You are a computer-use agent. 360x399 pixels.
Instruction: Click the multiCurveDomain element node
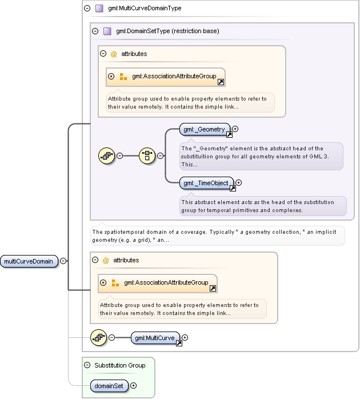[29, 261]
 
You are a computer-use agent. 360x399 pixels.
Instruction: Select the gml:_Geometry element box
[205, 129]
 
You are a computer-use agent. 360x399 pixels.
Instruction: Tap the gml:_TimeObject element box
[206, 183]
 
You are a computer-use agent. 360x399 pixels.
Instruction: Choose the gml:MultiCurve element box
[155, 338]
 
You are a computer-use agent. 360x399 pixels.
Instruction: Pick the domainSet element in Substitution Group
[109, 386]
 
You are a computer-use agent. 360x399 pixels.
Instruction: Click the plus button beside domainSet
[133, 386]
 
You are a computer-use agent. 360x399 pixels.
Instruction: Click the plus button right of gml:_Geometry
[235, 129]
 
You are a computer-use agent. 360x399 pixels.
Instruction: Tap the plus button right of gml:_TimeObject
[238, 183]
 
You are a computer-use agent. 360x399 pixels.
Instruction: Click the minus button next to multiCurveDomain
[63, 261]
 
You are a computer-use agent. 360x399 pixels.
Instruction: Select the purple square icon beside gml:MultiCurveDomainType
[99, 9]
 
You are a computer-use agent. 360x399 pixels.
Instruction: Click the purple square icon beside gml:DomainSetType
[107, 31]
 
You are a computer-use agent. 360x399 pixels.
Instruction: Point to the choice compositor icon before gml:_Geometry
[147, 155]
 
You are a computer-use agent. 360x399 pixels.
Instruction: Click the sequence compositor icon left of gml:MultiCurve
[99, 338]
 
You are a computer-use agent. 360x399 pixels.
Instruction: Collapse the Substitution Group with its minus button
[87, 365]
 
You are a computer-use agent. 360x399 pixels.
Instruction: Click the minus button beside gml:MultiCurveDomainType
[87, 8]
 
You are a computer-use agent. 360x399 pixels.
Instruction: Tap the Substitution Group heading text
[120, 365]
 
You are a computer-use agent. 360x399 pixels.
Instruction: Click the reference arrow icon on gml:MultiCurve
[179, 344]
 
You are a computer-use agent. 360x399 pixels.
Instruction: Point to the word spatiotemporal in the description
[121, 232]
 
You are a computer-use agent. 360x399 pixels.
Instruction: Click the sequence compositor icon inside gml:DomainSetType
[107, 155]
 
